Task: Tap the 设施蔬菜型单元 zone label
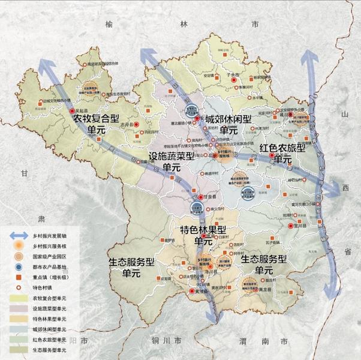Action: point(172,162)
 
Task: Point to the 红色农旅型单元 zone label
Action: point(282,153)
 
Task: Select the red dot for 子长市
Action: point(236,79)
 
